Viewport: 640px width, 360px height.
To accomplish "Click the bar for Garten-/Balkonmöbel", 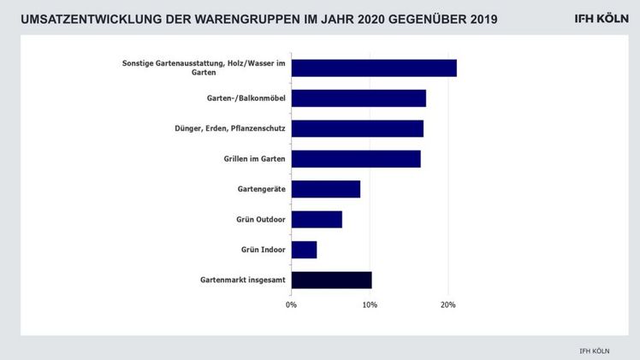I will click(359, 98).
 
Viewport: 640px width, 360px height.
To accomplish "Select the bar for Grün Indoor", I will click(304, 250).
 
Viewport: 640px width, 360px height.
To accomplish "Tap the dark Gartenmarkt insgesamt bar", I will click(331, 280).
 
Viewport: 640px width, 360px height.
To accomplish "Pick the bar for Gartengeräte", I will click(325, 189).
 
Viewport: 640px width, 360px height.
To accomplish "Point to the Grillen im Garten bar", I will click(356, 159).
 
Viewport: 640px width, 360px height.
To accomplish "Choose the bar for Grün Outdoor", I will click(317, 220).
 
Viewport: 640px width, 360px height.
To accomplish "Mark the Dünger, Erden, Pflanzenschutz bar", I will click(357, 129).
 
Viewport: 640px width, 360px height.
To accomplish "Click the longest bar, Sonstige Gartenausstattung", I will click(374, 68).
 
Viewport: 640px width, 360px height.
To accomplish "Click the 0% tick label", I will click(292, 304).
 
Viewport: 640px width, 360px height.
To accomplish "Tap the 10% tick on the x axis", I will click(370, 304).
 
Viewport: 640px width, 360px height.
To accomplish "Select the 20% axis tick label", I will click(447, 304).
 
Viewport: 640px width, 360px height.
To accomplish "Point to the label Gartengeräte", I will click(261, 189).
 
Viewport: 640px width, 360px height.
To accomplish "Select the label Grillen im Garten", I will click(249, 159).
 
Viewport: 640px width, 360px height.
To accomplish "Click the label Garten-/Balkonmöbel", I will click(246, 98).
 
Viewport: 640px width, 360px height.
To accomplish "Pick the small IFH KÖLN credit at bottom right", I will click(595, 349).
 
